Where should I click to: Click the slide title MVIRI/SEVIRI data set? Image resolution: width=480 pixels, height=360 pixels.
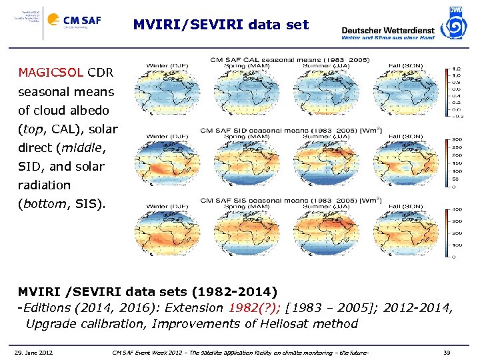click(221, 25)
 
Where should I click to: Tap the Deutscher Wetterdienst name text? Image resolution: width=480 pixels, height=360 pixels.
click(387, 29)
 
